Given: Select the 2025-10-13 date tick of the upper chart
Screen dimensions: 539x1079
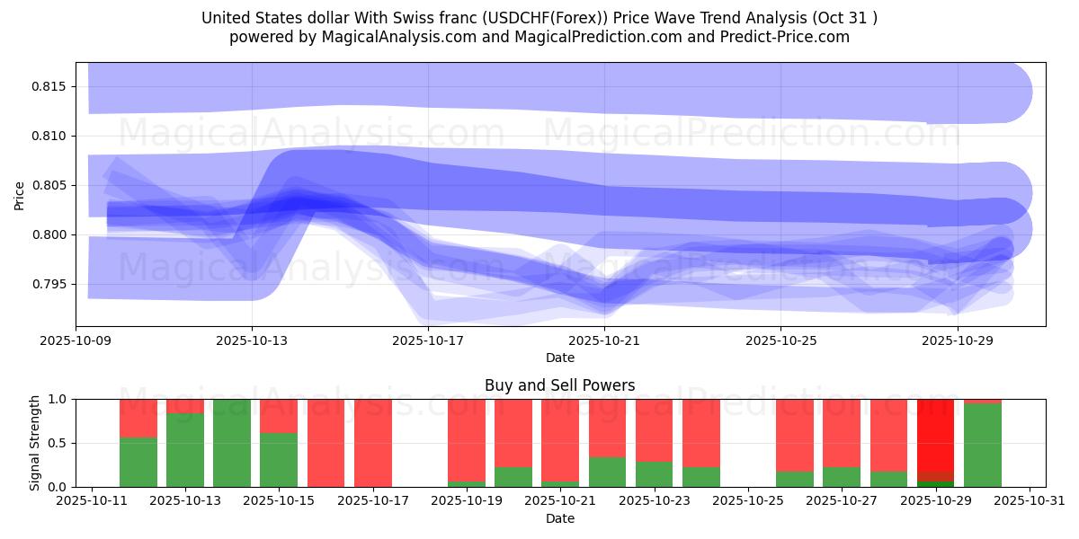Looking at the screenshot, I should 252,340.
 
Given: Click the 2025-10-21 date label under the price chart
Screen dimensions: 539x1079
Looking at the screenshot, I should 604,340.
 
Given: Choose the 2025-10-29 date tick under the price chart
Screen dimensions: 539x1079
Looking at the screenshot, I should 957,340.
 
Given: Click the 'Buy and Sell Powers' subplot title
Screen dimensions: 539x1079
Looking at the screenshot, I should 559,385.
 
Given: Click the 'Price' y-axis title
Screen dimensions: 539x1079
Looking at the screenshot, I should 20,194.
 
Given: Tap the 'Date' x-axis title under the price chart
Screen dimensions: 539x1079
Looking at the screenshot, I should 559,358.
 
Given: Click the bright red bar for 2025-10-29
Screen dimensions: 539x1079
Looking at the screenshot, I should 935,436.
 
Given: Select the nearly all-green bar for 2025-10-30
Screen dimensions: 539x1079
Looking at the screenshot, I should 982,446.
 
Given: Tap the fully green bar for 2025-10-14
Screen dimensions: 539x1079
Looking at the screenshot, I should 232,443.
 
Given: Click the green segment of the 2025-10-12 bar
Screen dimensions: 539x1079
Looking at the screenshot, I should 138,463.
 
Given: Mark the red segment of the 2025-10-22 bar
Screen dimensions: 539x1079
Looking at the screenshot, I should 607,428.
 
